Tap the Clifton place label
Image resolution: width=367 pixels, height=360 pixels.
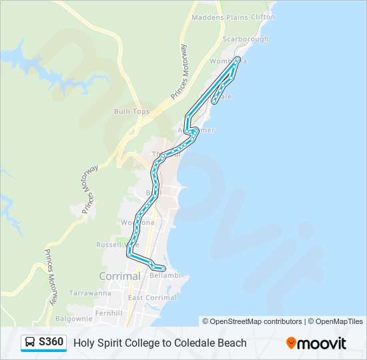(264, 17)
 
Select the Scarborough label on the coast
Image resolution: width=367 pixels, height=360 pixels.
(246, 39)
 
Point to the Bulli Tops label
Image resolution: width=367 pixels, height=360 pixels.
(131, 111)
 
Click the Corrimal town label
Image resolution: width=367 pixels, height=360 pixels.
(119, 275)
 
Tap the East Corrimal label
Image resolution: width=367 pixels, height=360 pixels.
(152, 297)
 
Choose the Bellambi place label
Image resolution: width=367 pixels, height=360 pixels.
(165, 275)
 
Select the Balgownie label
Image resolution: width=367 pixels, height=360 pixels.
(73, 319)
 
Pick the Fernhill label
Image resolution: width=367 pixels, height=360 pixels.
(109, 312)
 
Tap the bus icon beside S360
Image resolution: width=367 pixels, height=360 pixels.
(31, 343)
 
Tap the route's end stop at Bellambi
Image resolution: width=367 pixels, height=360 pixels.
(163, 268)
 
